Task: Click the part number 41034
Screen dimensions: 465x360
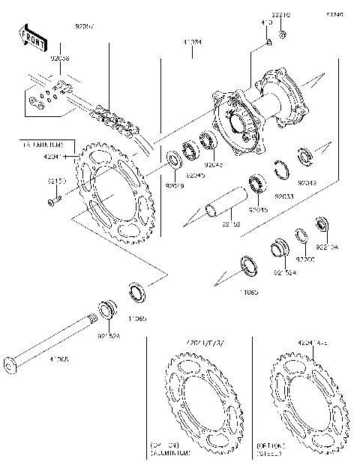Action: [190, 43]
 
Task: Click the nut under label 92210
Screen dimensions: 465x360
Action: [282, 34]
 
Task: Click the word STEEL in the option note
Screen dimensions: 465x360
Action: [270, 454]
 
